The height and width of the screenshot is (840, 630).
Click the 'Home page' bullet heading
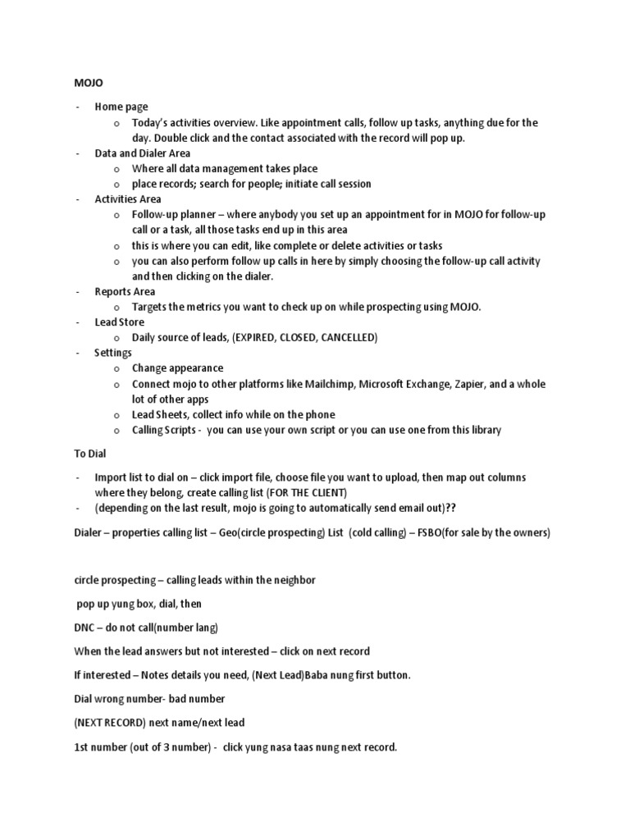pyautogui.click(x=121, y=107)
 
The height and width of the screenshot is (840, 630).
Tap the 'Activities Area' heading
pyautogui.click(x=127, y=199)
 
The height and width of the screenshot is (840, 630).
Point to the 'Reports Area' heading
pyautogui.click(x=125, y=291)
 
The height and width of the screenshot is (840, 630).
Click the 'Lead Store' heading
pyautogui.click(x=119, y=322)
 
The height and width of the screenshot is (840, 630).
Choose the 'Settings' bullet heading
pyautogui.click(x=113, y=353)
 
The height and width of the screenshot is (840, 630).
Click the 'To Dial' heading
pyautogui.click(x=89, y=452)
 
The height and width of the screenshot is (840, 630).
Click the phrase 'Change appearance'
pyautogui.click(x=177, y=368)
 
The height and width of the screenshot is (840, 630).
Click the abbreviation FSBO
pyautogui.click(x=436, y=532)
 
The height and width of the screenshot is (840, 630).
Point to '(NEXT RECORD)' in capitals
pyautogui.click(x=112, y=722)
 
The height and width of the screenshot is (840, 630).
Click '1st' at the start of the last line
pyautogui.click(x=82, y=747)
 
